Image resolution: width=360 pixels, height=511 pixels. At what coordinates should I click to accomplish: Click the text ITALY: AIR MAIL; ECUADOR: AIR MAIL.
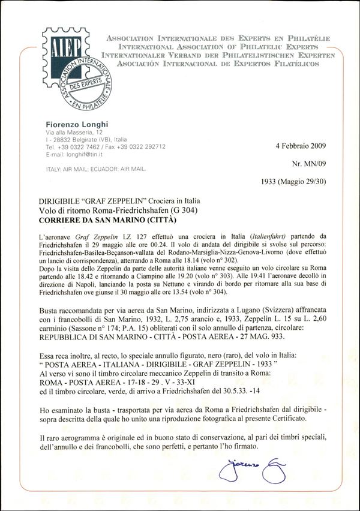point(97,169)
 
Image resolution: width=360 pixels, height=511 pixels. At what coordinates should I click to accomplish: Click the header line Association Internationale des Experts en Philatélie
point(218,38)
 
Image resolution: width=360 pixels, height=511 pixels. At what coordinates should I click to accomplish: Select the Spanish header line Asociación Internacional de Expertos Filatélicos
point(218,63)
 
